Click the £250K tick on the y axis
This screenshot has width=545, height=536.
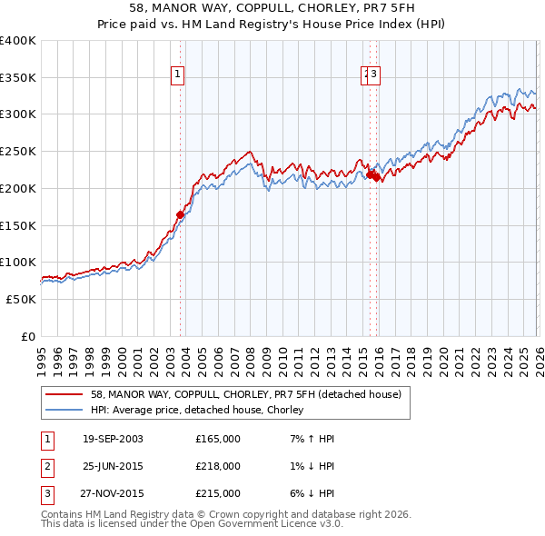18,152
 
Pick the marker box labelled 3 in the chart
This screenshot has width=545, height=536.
374,75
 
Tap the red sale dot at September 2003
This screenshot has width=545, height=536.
180,215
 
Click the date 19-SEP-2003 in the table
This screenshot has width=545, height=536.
113,439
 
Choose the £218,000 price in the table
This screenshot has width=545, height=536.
218,466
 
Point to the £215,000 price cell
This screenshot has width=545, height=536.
218,493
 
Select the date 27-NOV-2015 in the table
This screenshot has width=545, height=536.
113,493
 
